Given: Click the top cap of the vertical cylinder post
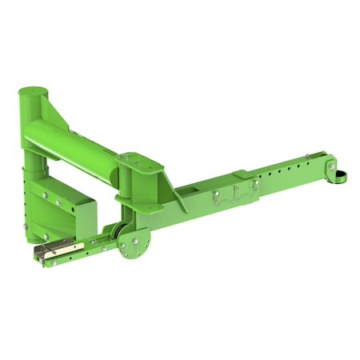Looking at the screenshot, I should point(34,92).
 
